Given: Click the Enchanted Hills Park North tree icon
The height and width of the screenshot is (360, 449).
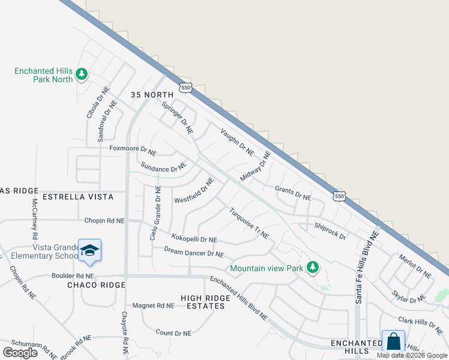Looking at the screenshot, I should point(82,74).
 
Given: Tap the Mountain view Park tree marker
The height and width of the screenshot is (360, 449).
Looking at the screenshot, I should point(312,267).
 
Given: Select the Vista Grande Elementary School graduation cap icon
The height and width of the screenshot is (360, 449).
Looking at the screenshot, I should point(89,250).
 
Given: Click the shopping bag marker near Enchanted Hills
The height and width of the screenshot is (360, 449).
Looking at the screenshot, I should point(393,341).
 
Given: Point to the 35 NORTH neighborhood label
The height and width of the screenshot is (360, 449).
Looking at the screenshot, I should point(152,95).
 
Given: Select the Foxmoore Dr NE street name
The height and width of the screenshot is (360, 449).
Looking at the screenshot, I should point(133,148).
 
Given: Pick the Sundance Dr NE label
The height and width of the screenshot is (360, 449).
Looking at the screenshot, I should point(163,167).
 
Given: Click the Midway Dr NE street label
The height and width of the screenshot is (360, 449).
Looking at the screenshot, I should point(256,167).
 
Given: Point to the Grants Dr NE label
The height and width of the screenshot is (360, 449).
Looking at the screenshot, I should point(293,193).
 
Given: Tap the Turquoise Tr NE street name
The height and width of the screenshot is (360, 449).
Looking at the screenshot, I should point(249,223).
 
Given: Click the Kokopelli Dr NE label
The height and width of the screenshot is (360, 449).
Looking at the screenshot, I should point(194,238).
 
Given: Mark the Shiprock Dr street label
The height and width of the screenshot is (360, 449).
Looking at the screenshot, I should point(330,232).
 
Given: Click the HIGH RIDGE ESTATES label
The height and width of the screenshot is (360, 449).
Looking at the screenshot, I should point(205,302).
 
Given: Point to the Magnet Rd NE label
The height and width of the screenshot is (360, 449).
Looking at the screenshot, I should point(153,305).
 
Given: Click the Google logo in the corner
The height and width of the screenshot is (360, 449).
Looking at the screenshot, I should point(19,352).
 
